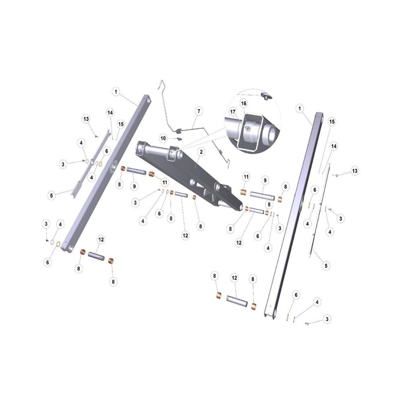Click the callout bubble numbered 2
point(201,152)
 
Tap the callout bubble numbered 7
point(199,111)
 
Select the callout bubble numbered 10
point(163,139)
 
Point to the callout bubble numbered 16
point(243,103)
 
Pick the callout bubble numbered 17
point(233,112)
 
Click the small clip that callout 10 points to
point(179,139)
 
